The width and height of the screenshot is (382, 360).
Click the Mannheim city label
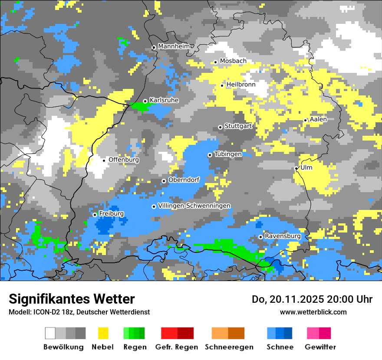tap(174, 46)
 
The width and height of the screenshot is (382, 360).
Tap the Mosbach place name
tap(233, 61)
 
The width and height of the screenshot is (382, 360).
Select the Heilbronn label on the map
tap(241, 85)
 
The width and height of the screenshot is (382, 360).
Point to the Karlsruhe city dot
tap(145, 101)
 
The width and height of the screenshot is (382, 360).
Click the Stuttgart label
tap(238, 126)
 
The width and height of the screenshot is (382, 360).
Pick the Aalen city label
tap(318, 119)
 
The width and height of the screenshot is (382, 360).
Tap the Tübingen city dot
tap(210, 155)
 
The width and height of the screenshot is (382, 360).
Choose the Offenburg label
tap(124, 160)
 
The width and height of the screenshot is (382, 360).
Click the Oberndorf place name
tap(184, 180)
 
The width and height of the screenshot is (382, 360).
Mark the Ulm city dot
tap(296, 168)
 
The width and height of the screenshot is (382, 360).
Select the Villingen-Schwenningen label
tap(194, 206)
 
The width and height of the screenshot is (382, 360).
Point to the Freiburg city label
tap(112, 214)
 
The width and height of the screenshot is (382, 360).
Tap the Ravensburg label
tap(283, 236)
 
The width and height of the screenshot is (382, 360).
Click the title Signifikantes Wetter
tap(72, 299)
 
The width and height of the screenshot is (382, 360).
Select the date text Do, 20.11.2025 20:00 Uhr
tap(312, 299)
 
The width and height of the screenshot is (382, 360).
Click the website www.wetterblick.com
tap(313, 312)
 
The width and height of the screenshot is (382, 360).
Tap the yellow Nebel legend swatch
tap(103, 333)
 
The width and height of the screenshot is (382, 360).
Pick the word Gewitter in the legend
tap(320, 347)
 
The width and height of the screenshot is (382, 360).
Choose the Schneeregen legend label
tap(229, 347)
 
